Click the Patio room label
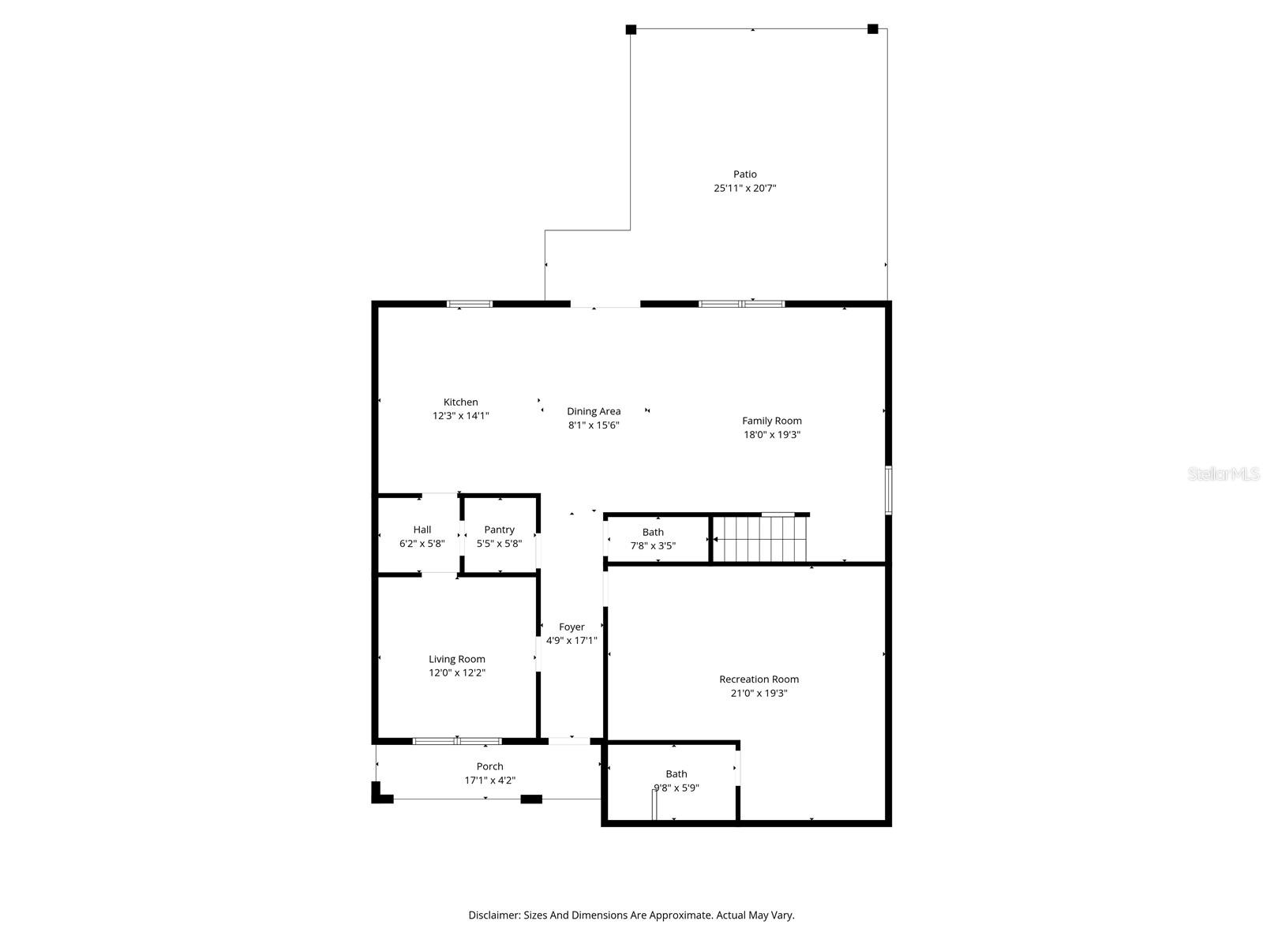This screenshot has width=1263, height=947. [744, 174]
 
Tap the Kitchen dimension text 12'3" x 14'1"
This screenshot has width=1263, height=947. [460, 416]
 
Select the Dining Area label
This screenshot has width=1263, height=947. [594, 411]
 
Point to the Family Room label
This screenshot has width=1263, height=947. [771, 421]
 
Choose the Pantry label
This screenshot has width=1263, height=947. [499, 530]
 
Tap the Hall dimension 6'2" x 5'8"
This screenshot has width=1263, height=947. [422, 544]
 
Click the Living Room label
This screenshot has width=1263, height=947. [456, 659]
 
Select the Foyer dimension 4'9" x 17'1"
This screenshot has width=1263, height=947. [572, 641]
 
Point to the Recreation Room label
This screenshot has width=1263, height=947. [759, 679]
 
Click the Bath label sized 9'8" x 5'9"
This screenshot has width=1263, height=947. [676, 774]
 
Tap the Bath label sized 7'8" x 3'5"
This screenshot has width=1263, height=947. [653, 532]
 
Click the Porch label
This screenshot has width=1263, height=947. [489, 766]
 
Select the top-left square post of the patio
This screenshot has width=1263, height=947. [631, 29]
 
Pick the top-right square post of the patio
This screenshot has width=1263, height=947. [872, 29]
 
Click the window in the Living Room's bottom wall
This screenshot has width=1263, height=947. [457, 741]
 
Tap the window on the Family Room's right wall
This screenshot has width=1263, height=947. [888, 490]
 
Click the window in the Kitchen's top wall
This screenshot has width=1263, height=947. [470, 304]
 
